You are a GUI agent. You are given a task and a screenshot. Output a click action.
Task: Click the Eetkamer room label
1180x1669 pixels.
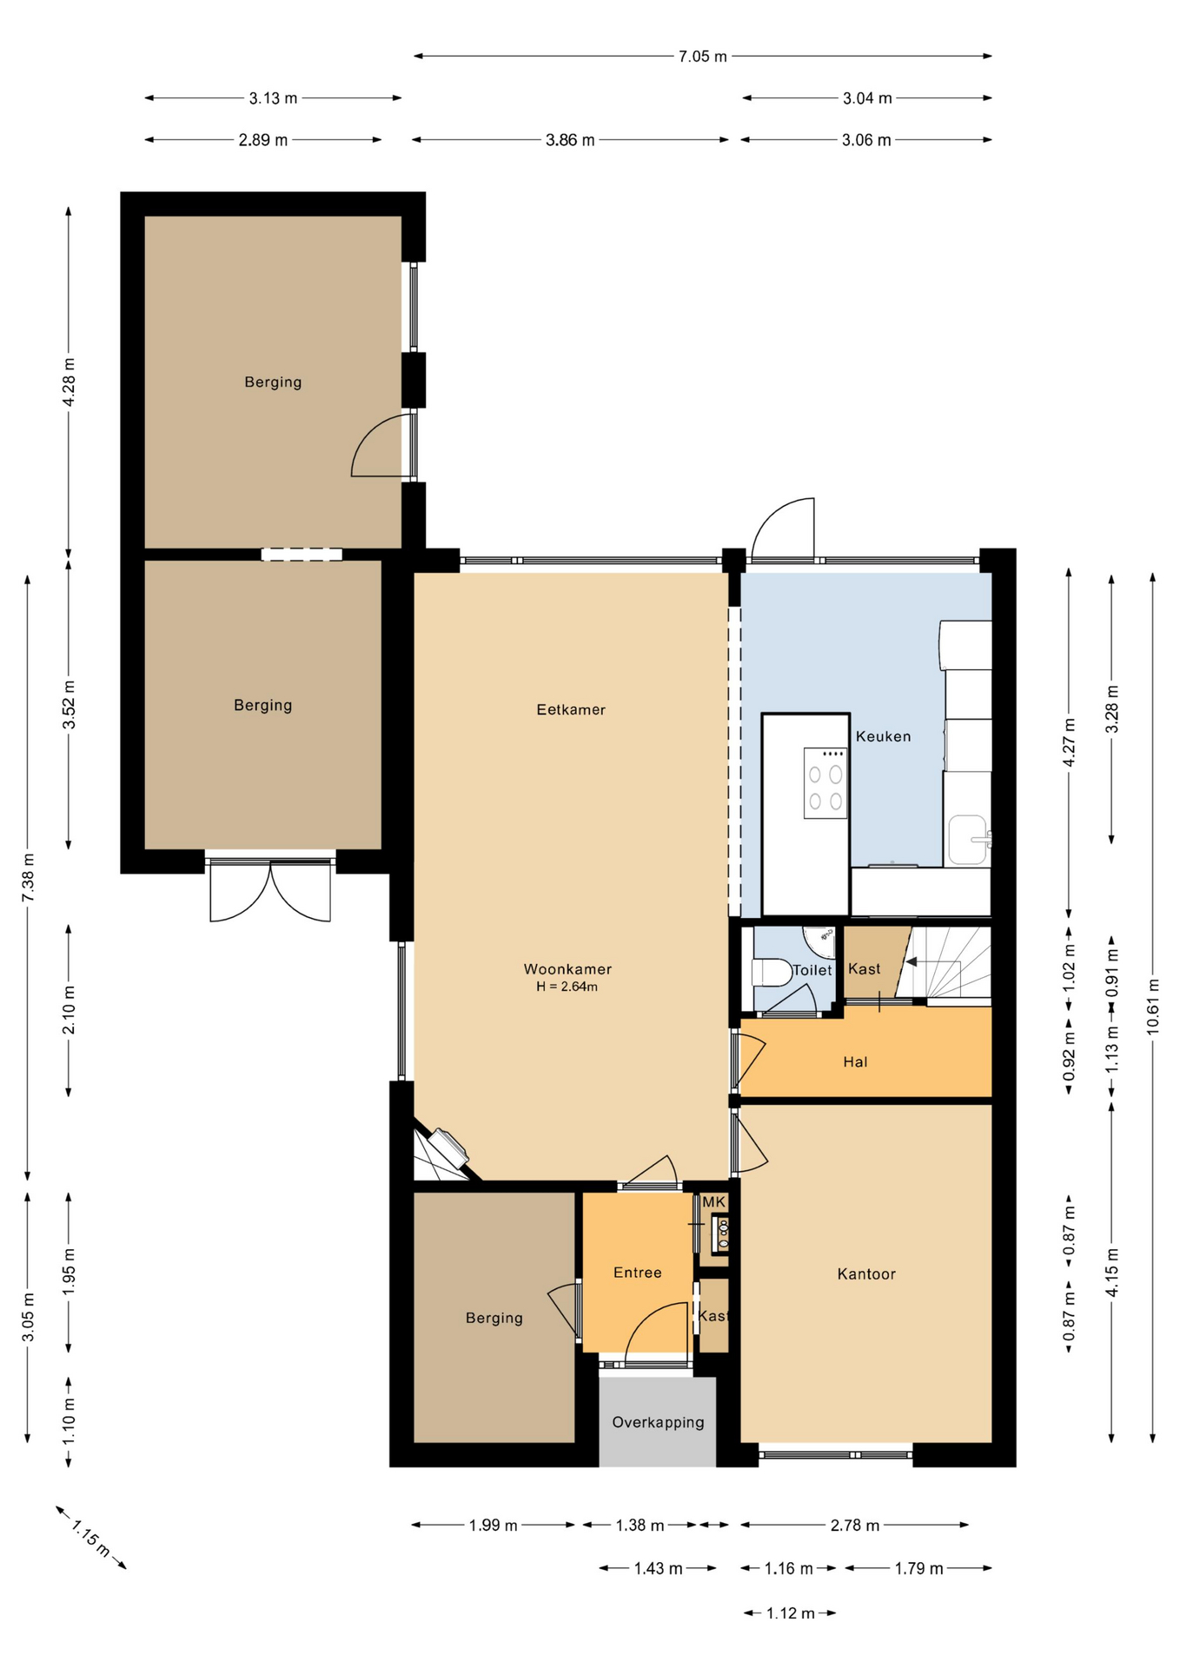click(x=571, y=709)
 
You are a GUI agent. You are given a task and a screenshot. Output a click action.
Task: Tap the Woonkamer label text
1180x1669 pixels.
click(x=567, y=968)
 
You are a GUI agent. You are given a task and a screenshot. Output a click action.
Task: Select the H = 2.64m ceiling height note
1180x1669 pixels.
click(x=567, y=987)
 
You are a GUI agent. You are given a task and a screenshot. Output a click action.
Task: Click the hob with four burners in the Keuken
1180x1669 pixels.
click(x=825, y=783)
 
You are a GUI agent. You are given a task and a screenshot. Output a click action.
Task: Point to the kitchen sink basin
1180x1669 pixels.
click(x=967, y=840)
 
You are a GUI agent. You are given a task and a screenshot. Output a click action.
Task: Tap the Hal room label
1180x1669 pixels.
click(x=855, y=1061)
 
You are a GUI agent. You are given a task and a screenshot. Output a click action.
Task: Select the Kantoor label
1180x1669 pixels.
click(x=866, y=1273)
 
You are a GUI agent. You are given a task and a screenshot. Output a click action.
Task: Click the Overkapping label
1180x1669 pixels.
click(x=658, y=1423)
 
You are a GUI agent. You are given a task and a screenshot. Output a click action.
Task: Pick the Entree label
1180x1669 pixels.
click(x=638, y=1273)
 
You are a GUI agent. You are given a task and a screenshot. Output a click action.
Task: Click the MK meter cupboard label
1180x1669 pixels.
click(x=713, y=1202)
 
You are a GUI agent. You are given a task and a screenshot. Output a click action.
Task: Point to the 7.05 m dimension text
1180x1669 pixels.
click(x=703, y=57)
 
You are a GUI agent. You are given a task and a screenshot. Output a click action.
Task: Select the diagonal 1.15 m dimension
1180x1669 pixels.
click(x=90, y=1538)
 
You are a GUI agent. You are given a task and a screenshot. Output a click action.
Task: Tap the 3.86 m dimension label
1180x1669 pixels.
click(x=570, y=140)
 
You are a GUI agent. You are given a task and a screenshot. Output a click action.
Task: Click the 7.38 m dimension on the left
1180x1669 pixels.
click(x=28, y=878)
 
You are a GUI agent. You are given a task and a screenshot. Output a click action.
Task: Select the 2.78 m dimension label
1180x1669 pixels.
click(x=855, y=1526)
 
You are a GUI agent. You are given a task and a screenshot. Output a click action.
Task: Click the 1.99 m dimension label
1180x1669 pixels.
click(x=494, y=1526)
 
